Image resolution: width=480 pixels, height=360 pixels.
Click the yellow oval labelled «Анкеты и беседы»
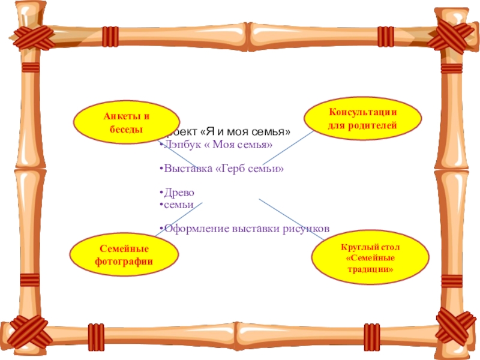click(x=126, y=122)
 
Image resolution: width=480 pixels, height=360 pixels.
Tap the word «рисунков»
click(x=305, y=229)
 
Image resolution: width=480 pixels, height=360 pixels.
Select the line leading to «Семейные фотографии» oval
click(x=180, y=218)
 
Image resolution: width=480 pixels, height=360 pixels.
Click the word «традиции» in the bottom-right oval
click(x=370, y=269)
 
